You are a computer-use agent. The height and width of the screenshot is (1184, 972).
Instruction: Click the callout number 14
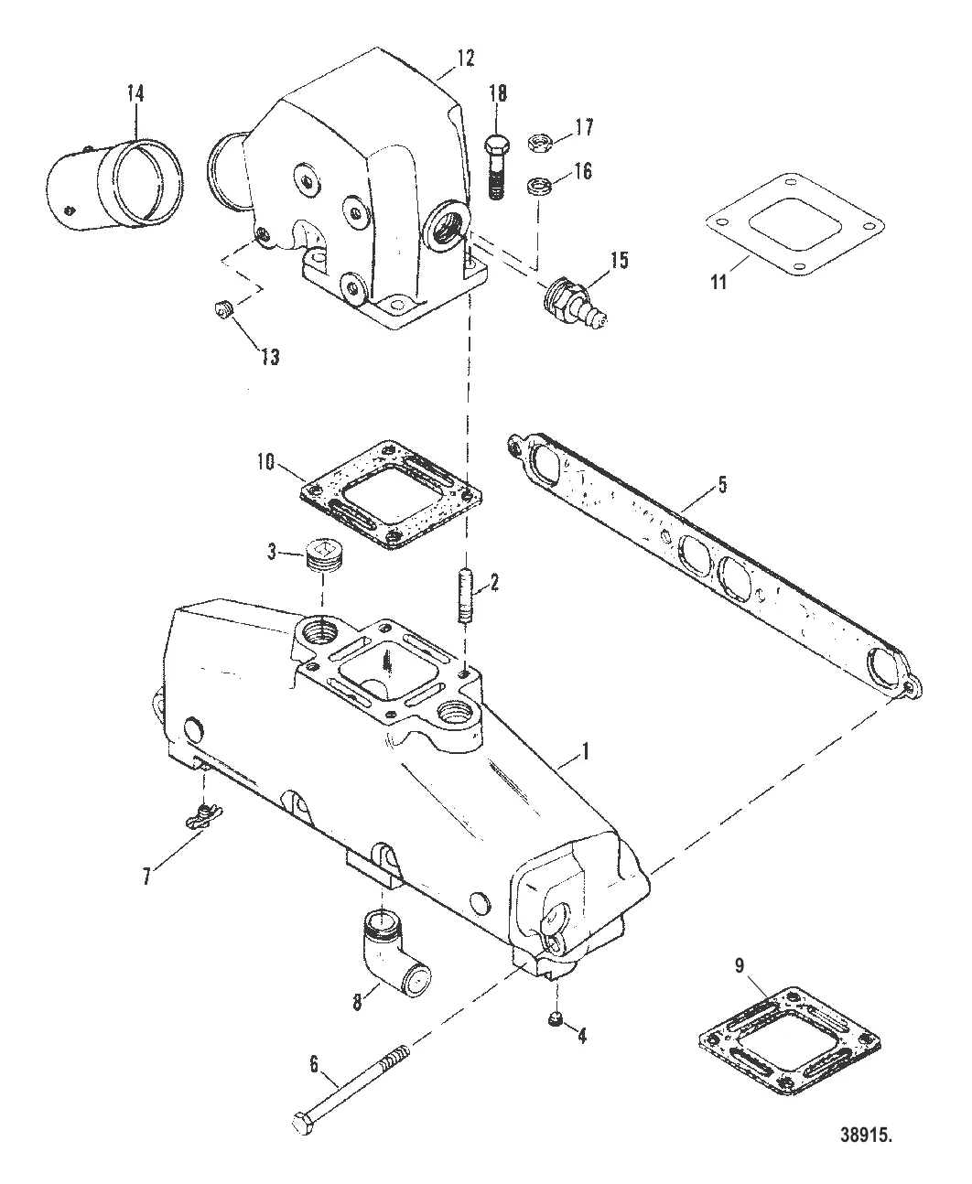pos(135,93)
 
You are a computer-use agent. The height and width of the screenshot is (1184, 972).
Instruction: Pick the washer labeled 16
pos(536,187)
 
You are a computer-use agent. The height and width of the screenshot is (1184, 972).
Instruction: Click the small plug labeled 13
pos(225,312)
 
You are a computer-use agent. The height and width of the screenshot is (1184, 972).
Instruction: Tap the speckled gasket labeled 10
pos(391,496)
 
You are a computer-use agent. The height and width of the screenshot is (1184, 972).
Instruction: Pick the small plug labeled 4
pos(555,1020)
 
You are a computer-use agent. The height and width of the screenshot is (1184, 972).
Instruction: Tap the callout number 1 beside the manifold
pos(586,752)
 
